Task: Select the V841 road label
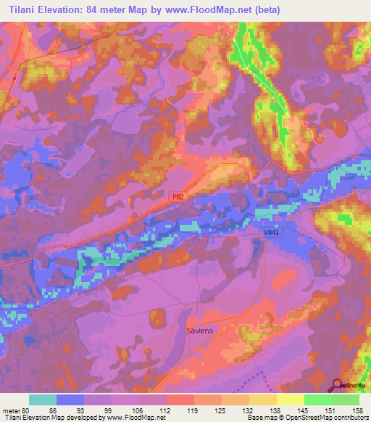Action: (270, 231)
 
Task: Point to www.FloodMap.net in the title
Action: (218, 9)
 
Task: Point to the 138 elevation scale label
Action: (273, 410)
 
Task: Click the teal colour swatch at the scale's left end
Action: (42, 400)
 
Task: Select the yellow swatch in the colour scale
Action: (289, 400)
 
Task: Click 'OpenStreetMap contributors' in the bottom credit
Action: (320, 418)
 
